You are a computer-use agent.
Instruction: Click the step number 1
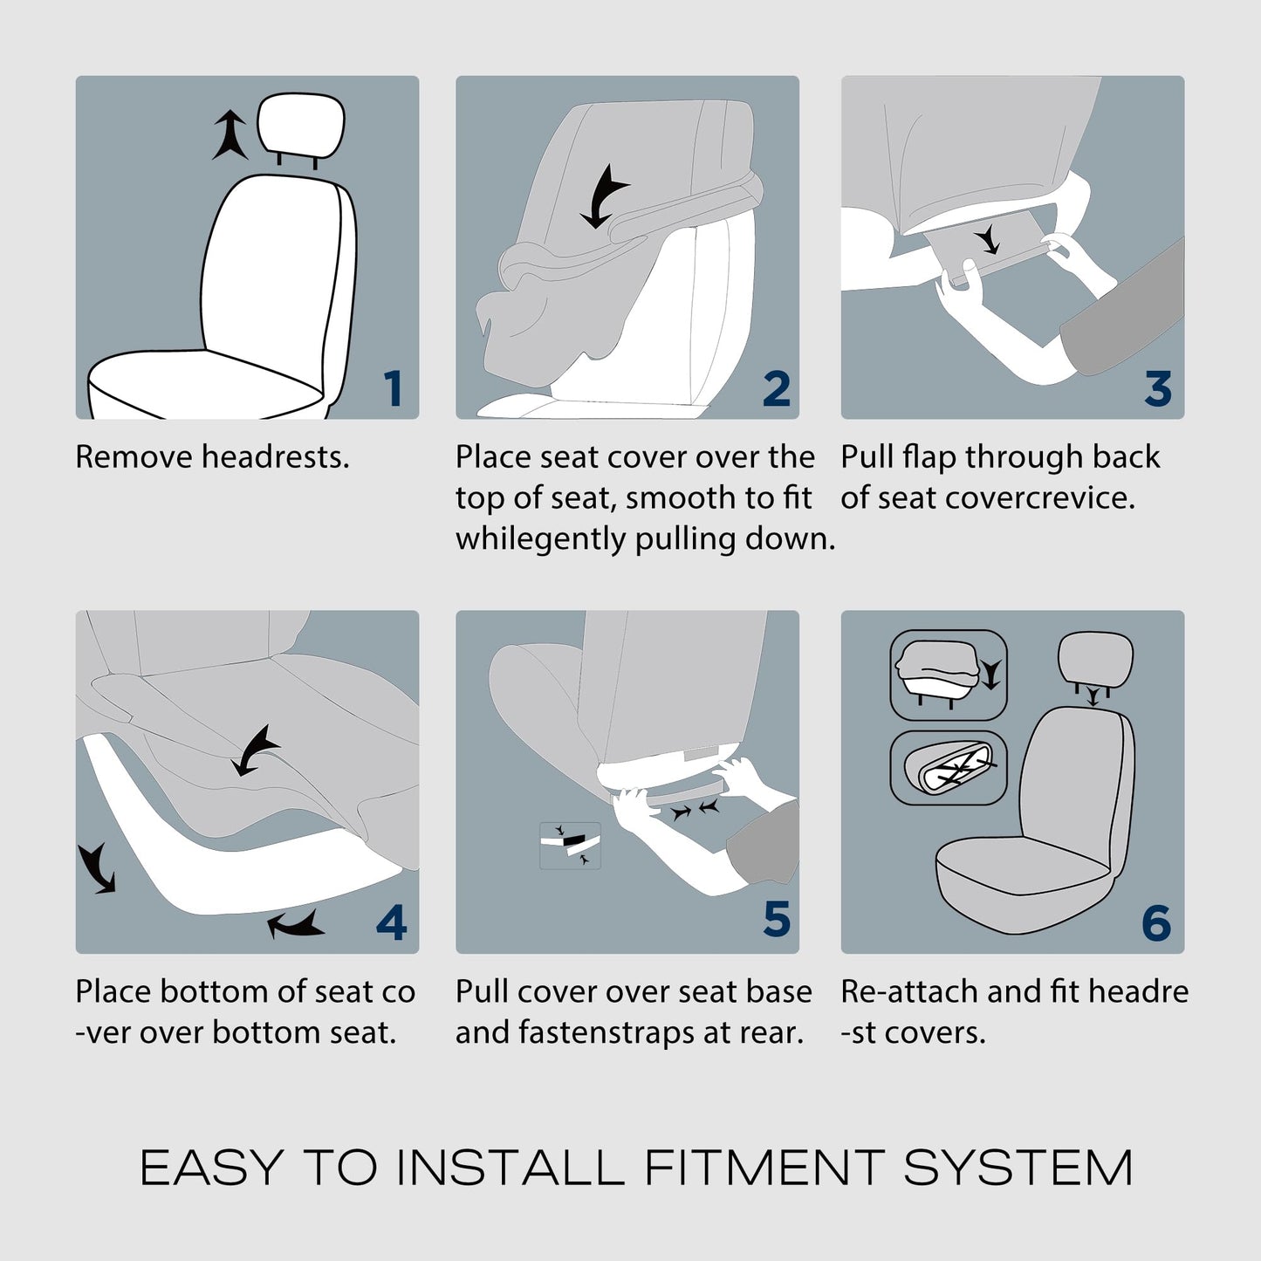pos(393,388)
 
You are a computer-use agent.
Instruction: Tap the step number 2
pos(777,388)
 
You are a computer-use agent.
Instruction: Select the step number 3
pos(1158,388)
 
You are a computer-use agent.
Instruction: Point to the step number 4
pos(391,922)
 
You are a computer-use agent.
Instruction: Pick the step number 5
pos(777,919)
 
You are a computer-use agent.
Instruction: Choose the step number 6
pos(1156,922)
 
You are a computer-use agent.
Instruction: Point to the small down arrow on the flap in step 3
pos(988,239)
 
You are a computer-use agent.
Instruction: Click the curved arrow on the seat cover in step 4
pos(255,750)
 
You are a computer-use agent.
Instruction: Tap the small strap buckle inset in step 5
pos(570,846)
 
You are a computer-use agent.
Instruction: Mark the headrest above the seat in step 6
pos(1095,660)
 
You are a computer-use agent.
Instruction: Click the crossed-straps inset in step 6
pos(949,768)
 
